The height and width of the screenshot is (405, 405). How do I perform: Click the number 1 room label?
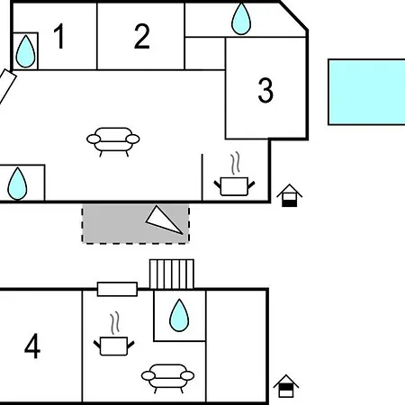(60, 36)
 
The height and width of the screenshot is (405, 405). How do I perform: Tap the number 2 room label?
(142, 36)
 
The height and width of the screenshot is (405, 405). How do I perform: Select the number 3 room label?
(265, 90)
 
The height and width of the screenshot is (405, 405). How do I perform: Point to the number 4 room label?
(32, 346)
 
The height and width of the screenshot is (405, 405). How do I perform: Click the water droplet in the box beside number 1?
(25, 51)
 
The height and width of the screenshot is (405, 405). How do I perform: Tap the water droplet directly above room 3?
(241, 19)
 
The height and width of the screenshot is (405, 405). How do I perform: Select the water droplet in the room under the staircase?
(179, 315)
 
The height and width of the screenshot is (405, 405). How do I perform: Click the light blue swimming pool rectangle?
(366, 92)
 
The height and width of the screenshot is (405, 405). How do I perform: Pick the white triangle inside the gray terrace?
(164, 220)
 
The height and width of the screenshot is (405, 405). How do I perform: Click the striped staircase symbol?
(172, 274)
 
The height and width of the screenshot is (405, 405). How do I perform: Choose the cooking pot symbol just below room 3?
(234, 186)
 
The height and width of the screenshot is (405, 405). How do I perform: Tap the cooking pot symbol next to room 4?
(114, 346)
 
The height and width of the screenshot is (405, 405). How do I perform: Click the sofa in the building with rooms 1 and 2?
(113, 141)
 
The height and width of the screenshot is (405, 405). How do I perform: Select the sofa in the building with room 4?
(167, 378)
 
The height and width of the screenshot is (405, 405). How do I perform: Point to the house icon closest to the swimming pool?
(289, 195)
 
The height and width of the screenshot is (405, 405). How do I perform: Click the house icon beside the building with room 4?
(286, 386)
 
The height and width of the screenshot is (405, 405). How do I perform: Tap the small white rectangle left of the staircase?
(117, 289)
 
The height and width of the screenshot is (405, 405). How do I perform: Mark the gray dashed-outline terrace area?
(136, 223)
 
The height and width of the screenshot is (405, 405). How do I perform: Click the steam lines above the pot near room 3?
(236, 163)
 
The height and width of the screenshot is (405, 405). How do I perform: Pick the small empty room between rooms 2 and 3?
(205, 53)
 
